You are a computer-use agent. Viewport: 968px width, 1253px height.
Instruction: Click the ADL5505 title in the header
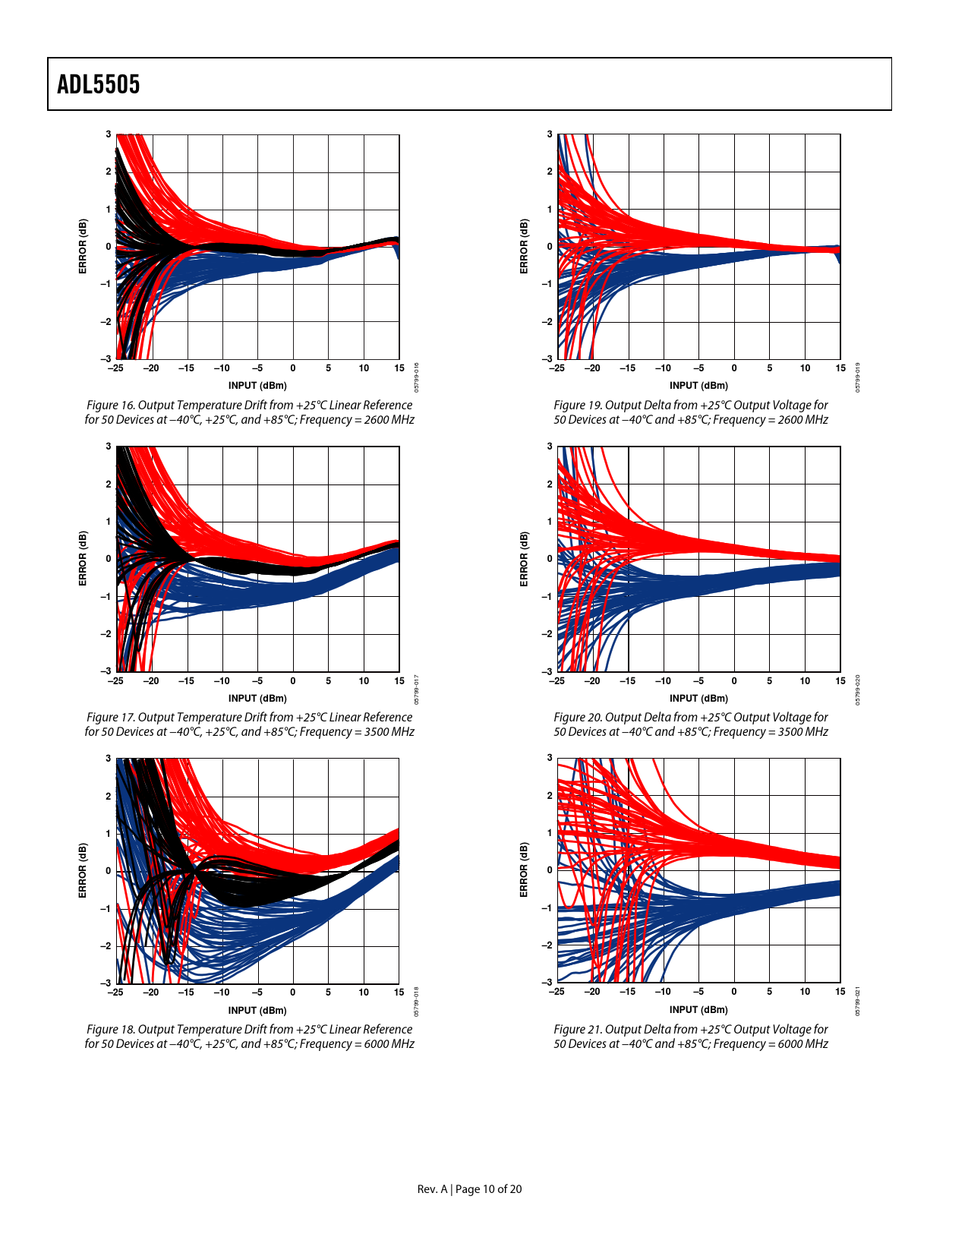pyautogui.click(x=99, y=84)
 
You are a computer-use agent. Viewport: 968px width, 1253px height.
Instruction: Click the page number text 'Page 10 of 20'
pyautogui.click(x=488, y=1189)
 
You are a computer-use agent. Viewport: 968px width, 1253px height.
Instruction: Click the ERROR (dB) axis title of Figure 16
pyautogui.click(x=83, y=246)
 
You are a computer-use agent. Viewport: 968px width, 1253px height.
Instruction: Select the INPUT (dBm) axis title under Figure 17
pyautogui.click(x=257, y=698)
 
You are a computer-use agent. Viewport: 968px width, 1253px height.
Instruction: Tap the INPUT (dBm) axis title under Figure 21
pyautogui.click(x=698, y=1010)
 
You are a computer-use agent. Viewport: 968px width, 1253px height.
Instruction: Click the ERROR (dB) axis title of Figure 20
pyautogui.click(x=524, y=559)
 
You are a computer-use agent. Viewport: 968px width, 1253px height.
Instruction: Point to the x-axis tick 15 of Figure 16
pyautogui.click(x=399, y=368)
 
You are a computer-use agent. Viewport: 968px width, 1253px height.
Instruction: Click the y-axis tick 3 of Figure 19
pyautogui.click(x=550, y=134)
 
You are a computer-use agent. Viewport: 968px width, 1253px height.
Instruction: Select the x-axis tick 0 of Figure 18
pyautogui.click(x=293, y=992)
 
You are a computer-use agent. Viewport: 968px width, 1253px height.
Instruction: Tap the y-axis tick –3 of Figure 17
pyautogui.click(x=106, y=671)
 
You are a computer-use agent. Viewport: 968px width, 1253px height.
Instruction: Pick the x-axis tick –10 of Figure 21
pyautogui.click(x=663, y=992)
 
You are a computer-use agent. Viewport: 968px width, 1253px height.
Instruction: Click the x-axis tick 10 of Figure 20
pyautogui.click(x=805, y=680)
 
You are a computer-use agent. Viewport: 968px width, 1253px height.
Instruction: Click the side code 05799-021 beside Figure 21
pyautogui.click(x=858, y=1001)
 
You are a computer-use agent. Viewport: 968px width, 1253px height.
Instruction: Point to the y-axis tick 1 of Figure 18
pyautogui.click(x=109, y=833)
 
